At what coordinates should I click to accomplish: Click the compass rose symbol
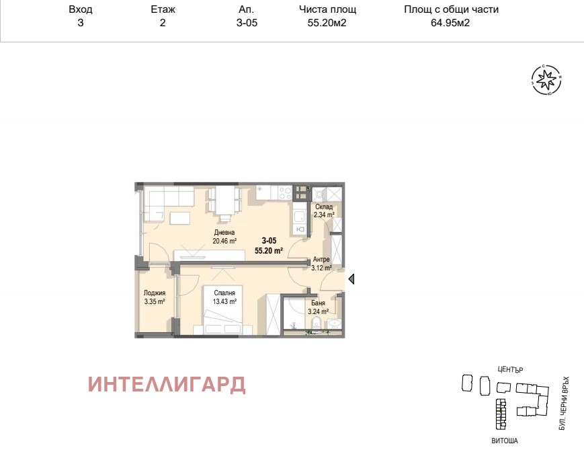tap(546, 79)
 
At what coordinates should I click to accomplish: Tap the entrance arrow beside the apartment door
tap(351, 278)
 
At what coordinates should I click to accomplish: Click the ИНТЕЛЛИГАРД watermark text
tap(167, 385)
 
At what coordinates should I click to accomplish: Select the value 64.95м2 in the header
tap(450, 23)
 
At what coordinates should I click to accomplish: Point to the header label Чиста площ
tap(327, 9)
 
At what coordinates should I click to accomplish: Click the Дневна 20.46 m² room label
tap(224, 237)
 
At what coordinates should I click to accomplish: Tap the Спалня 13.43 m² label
tap(224, 297)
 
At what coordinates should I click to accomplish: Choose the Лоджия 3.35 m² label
tap(155, 297)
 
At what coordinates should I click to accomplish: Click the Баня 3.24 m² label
tap(318, 307)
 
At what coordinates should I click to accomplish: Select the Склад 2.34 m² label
tap(324, 211)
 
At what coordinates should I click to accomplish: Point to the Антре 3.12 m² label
tap(321, 264)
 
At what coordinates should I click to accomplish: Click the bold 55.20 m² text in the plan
tap(269, 251)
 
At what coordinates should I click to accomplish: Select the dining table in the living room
tap(225, 200)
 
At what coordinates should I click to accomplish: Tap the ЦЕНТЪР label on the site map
tap(510, 370)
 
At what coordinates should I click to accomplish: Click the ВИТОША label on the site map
tap(505, 441)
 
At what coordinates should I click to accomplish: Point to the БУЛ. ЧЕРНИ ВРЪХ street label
tap(565, 404)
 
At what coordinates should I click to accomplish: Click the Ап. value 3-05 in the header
tap(247, 23)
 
